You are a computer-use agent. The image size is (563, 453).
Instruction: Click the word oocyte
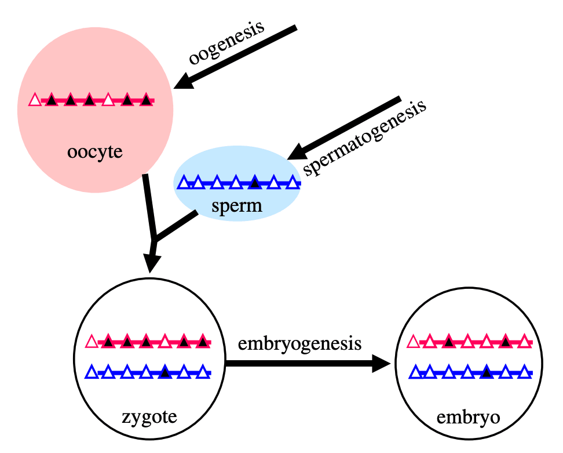[x=95, y=152]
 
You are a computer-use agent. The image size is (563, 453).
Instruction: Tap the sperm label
[x=237, y=206]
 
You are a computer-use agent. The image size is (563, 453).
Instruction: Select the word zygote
[x=149, y=417]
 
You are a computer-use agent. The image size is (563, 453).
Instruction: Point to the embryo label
[x=468, y=418]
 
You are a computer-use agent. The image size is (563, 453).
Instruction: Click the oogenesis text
[x=227, y=42]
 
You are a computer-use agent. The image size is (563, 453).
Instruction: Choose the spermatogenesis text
[x=365, y=138]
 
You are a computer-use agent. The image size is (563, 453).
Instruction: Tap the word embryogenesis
[x=299, y=343]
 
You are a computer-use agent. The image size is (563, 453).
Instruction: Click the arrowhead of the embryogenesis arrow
[x=381, y=364]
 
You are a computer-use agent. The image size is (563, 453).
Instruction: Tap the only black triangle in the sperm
[x=255, y=182]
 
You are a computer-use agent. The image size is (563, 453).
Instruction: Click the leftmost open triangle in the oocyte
[x=35, y=100]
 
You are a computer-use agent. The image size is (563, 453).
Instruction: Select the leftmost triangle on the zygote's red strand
[x=92, y=341]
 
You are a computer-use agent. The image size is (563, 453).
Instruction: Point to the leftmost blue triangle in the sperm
[x=184, y=182]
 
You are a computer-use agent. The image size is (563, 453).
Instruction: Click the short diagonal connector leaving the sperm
[x=176, y=226]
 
